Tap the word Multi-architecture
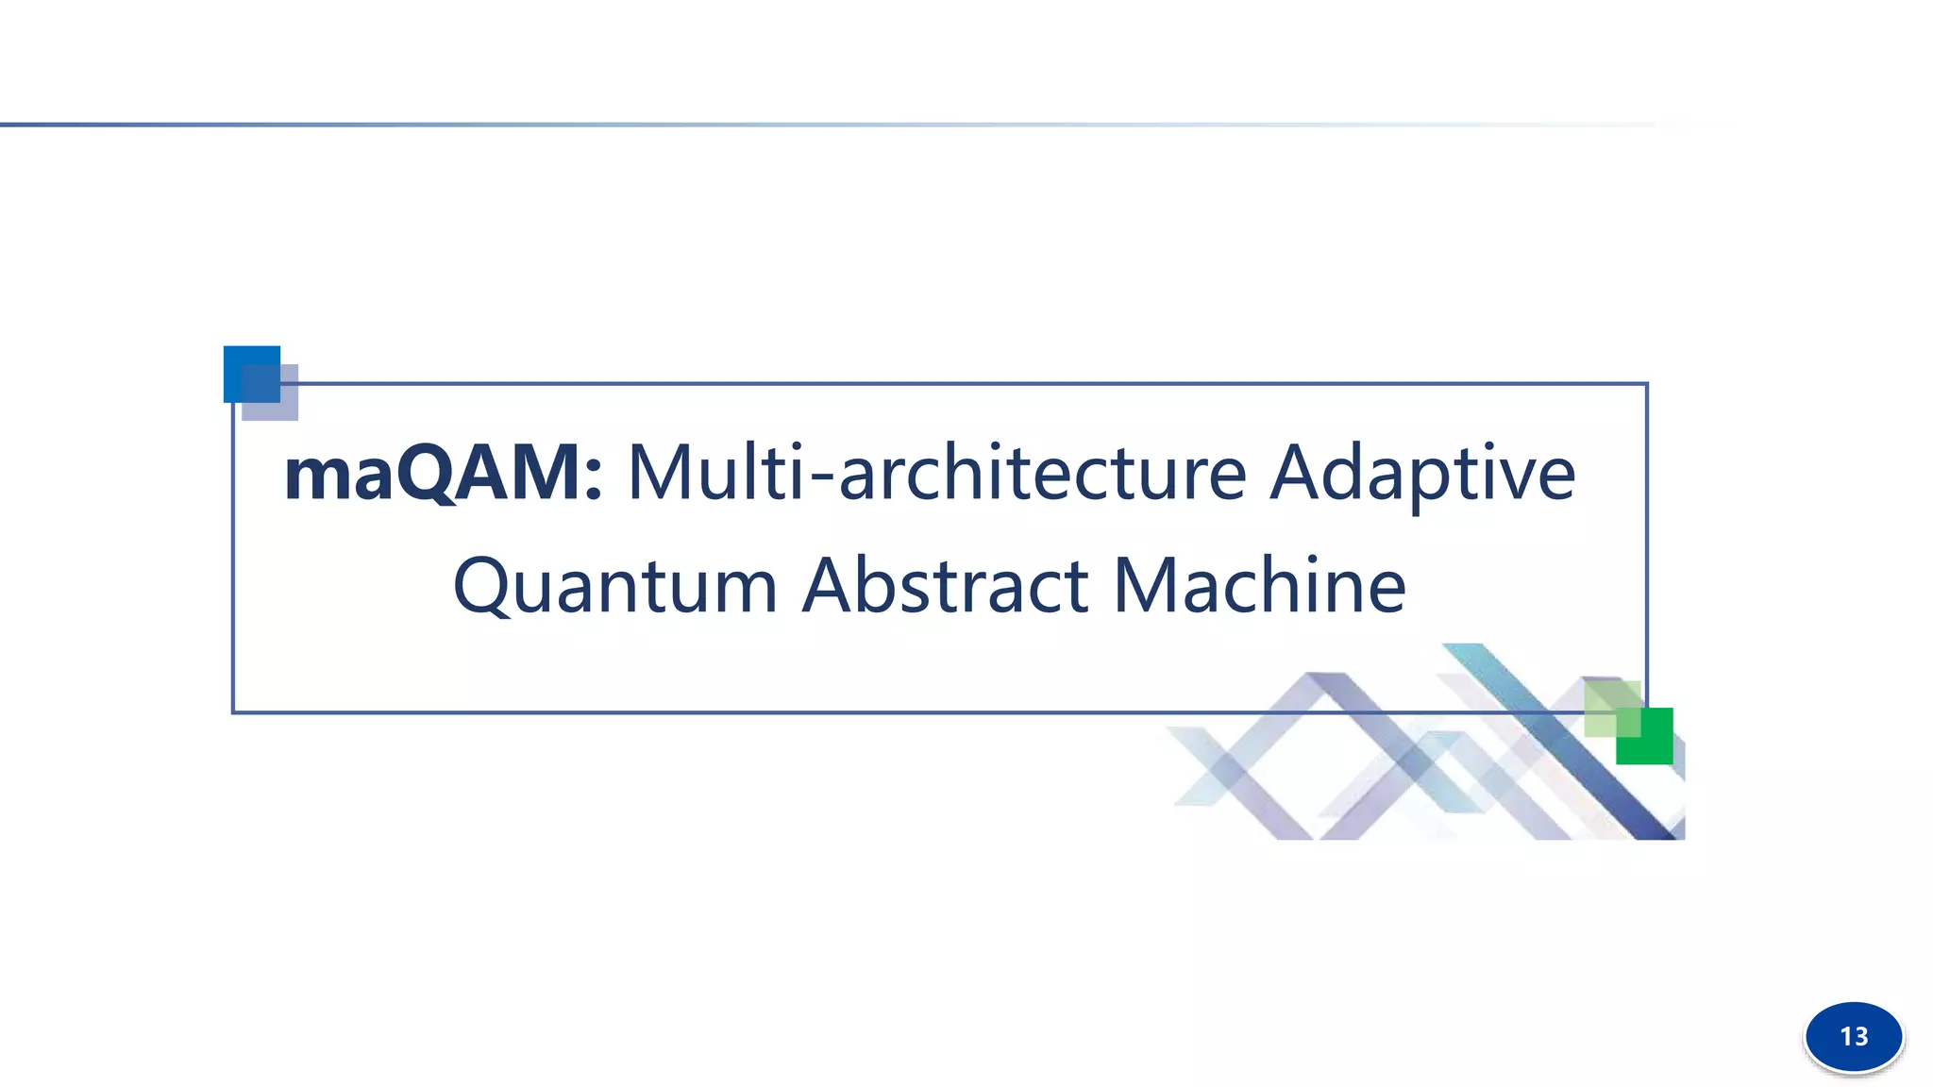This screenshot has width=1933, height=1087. point(936,473)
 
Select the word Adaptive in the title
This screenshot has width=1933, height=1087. point(1421,475)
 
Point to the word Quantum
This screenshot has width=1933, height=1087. point(614,586)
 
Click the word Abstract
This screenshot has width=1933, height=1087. point(946,586)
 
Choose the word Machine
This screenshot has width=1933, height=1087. point(1259,586)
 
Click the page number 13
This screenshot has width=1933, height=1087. point(1854,1037)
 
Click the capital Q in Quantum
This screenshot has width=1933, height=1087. point(482,588)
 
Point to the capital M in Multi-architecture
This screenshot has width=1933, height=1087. point(665,473)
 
